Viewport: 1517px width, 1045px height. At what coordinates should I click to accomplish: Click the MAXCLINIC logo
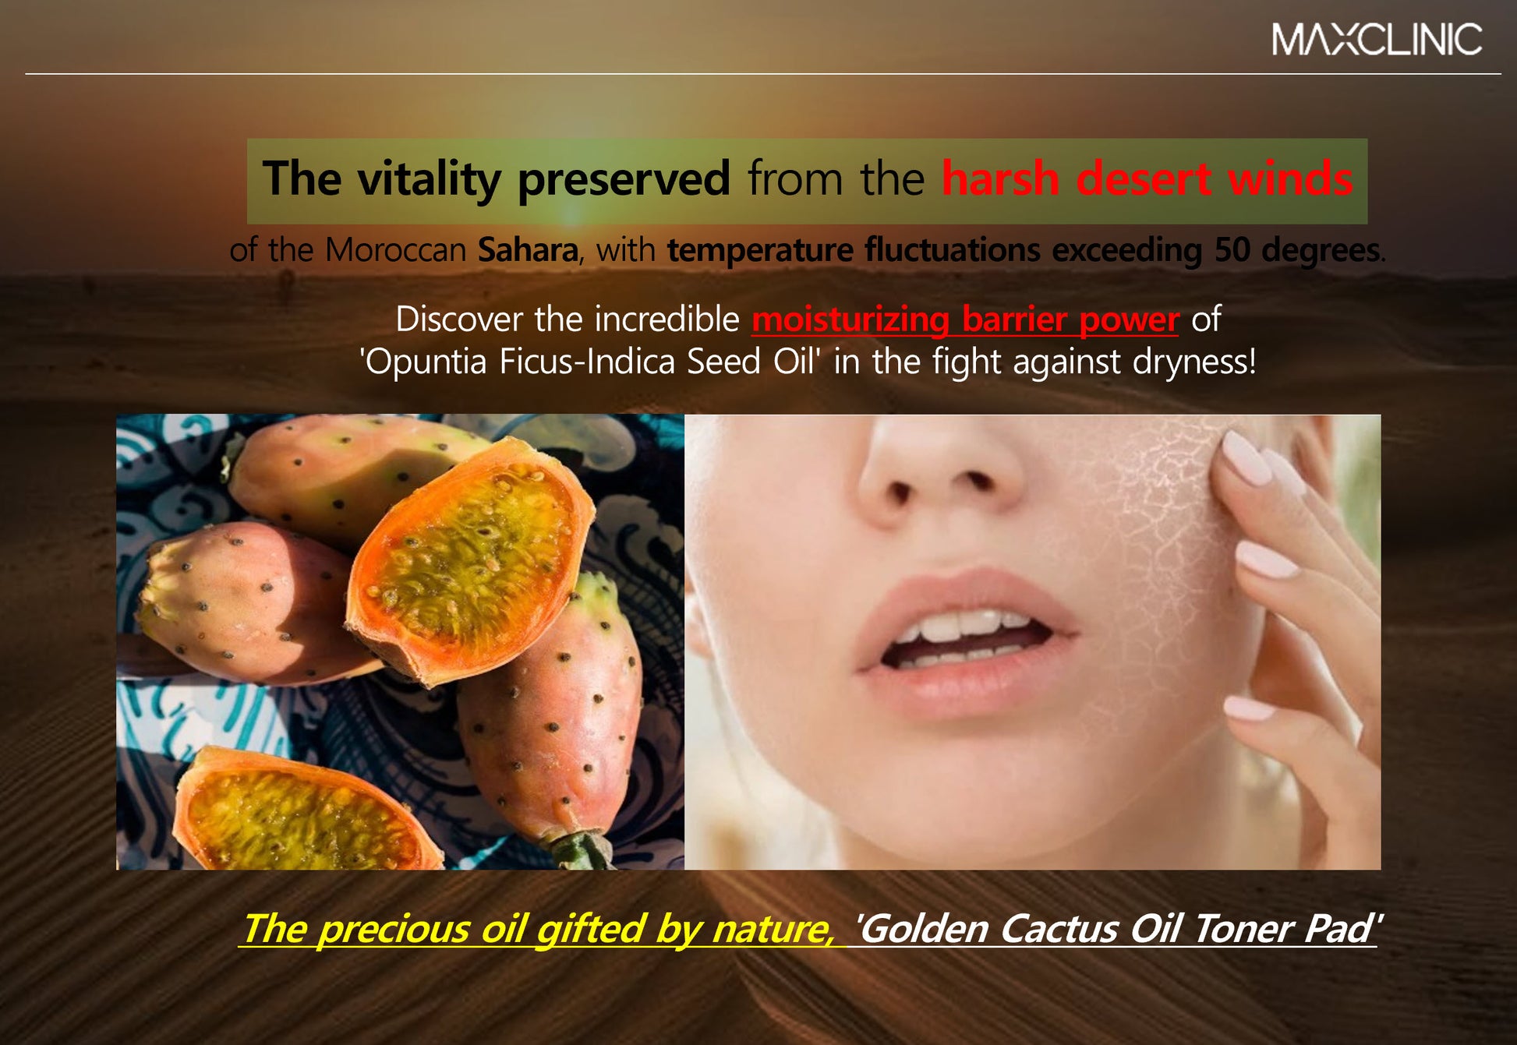(x=1377, y=39)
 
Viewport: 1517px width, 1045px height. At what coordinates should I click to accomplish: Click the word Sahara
(x=528, y=250)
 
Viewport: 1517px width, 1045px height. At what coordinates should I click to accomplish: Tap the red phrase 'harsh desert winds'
(x=1147, y=178)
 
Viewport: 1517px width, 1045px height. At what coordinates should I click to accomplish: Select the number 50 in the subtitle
(x=1232, y=250)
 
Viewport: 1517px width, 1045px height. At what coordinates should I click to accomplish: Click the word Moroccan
(x=395, y=250)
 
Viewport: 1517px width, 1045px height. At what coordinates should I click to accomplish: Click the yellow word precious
(x=393, y=929)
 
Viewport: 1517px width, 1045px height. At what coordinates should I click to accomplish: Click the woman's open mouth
(x=967, y=638)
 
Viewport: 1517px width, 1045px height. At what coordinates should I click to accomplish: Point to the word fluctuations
(x=952, y=250)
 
